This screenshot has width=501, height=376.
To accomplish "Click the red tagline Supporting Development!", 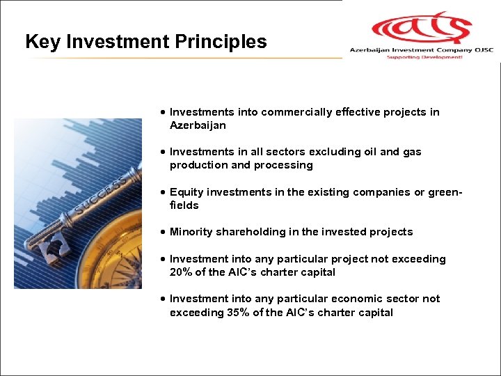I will pos(424,57).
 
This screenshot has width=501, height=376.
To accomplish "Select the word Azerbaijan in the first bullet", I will pos(198,125).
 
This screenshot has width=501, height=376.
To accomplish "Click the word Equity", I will pos(185,192).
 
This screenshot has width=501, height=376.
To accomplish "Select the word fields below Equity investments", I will pos(184,205).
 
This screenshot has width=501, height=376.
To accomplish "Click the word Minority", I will pos(191,232).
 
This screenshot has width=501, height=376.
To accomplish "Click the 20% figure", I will pos(182,272).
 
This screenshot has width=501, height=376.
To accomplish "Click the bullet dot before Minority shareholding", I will pos(162,232).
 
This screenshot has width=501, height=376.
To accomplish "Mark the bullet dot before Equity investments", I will pos(162,192).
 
